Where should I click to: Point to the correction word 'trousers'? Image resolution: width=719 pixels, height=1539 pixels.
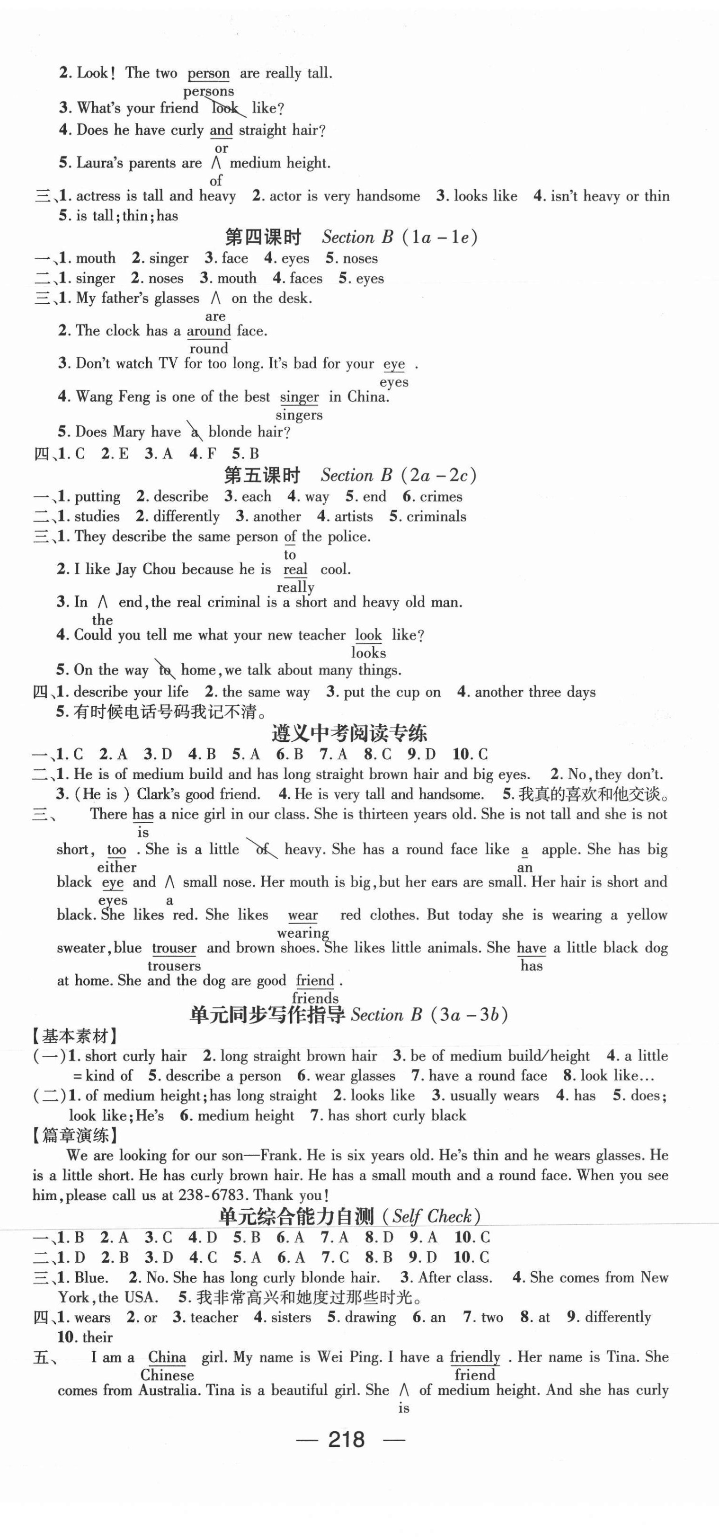[x=174, y=966]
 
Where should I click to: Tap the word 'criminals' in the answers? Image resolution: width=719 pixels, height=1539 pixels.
[x=436, y=517]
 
